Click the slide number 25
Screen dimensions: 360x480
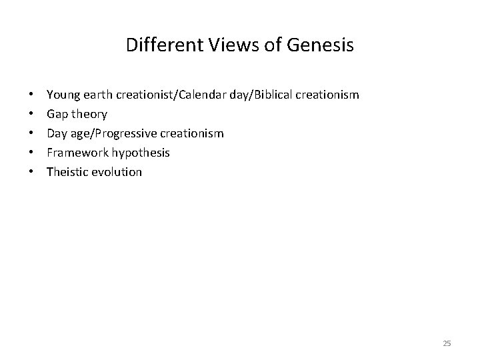(x=447, y=343)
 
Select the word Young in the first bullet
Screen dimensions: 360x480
(x=61, y=95)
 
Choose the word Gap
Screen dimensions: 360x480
(x=57, y=115)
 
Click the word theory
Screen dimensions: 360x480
(x=89, y=115)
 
